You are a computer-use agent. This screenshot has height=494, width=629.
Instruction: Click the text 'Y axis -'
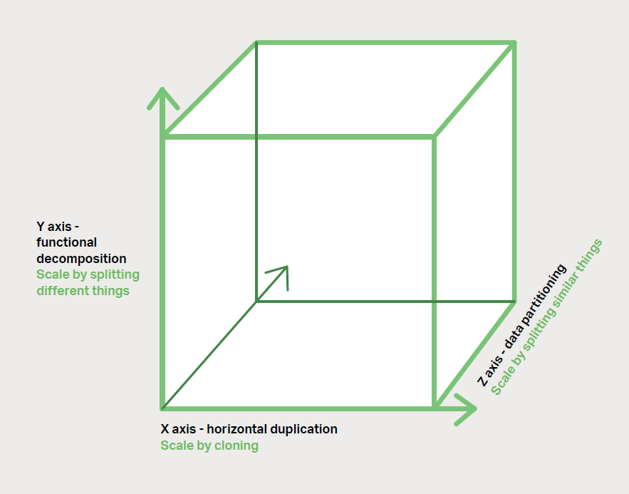coord(58,227)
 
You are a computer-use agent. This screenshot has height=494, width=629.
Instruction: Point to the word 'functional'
coord(66,243)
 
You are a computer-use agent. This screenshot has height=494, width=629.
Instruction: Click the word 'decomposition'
coord(81,259)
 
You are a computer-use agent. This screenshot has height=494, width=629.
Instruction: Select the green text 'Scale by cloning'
coord(209,446)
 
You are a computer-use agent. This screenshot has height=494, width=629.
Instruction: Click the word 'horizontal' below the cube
coord(241,429)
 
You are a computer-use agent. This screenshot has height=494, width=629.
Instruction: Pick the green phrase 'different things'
coord(83,290)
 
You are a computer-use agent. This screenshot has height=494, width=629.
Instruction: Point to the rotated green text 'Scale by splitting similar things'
coord(546,317)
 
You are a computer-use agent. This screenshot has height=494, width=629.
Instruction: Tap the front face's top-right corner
coord(434,135)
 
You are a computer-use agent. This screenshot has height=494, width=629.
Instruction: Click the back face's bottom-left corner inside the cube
coord(256,301)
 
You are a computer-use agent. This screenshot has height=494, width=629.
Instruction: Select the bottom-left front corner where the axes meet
coord(163,408)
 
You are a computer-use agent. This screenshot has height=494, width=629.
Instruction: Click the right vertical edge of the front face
coord(434,271)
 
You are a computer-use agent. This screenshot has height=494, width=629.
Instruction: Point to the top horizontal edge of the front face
coord(299,135)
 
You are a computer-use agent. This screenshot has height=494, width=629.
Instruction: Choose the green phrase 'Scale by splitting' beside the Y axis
coord(88,274)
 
